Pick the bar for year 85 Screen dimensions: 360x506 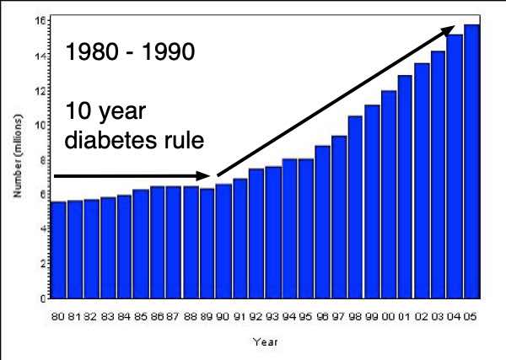[141, 244]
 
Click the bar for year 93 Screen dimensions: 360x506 [273, 232]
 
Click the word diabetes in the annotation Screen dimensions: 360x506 [111, 138]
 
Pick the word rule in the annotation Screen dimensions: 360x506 [176, 138]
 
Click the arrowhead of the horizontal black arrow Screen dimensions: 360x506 [205, 176]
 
